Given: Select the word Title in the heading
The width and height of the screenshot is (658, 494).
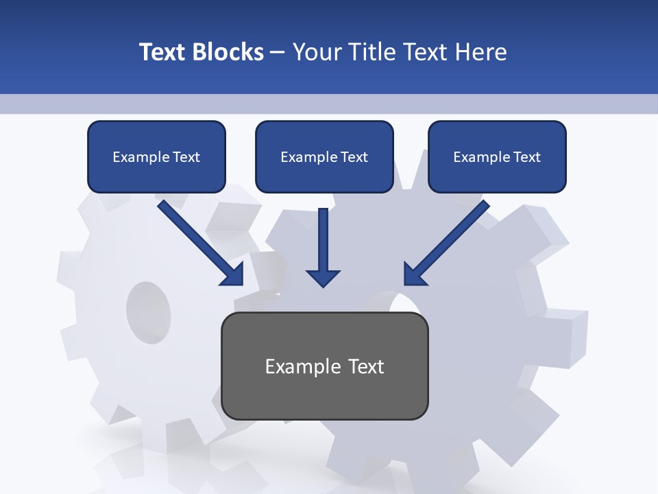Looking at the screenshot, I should tap(373, 52).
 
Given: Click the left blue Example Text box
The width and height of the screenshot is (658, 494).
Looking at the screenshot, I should tap(156, 156).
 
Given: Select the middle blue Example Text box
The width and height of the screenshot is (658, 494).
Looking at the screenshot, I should tap(324, 156).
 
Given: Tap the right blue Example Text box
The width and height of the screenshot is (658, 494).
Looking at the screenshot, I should tap(497, 156).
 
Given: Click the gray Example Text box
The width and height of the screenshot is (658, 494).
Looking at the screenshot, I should tap(324, 366).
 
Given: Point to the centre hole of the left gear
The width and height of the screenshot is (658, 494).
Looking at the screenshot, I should tap(148, 311).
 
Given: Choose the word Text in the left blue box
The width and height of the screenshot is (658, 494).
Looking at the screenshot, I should tap(186, 157).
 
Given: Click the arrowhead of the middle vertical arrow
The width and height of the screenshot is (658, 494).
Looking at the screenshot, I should tap(323, 277).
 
